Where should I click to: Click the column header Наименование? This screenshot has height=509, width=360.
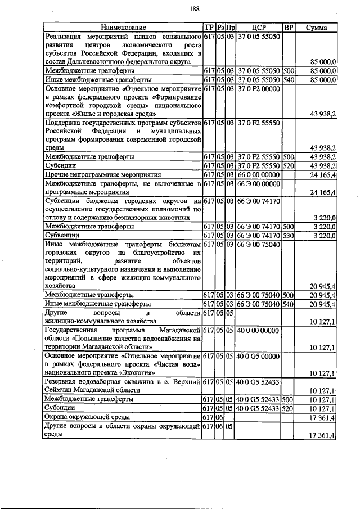(x=123, y=27)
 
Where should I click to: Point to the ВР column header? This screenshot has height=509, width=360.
(x=289, y=27)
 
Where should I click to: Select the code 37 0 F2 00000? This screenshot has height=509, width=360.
(x=258, y=89)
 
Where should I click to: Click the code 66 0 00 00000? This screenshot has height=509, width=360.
(x=258, y=175)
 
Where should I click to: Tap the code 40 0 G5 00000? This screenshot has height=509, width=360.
(x=258, y=356)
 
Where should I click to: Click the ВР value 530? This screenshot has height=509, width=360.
(x=289, y=235)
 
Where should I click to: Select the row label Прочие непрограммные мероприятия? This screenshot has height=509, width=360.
(x=103, y=175)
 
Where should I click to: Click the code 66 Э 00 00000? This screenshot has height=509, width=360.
(x=258, y=183)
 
